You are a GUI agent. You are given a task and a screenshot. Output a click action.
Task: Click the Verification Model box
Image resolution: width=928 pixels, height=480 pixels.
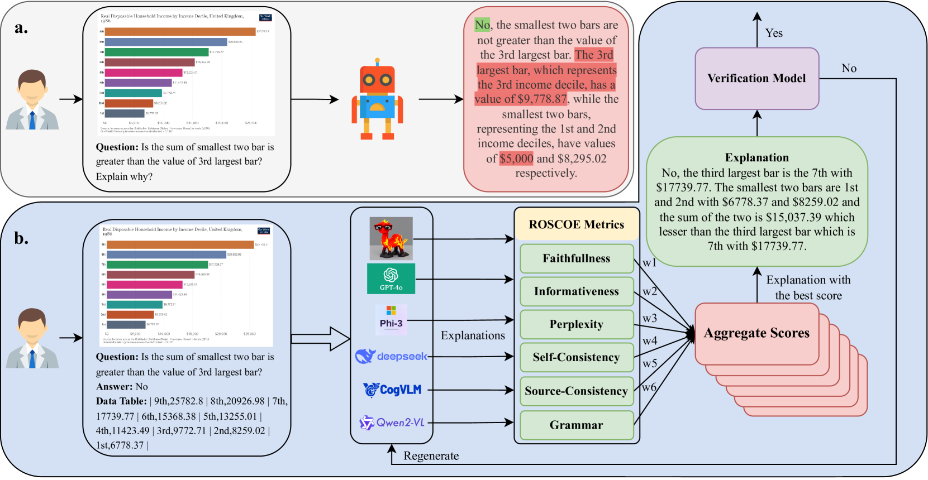pos(756,78)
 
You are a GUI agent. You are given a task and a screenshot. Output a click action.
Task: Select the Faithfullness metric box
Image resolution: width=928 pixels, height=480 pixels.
pos(576,258)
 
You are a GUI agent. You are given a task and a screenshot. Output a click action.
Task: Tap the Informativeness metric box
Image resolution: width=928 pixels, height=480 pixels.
pos(576,291)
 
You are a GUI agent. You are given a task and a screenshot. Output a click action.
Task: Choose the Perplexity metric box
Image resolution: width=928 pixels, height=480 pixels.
pos(576,324)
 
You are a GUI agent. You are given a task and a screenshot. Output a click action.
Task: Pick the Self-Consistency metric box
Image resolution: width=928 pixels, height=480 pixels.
pos(576,357)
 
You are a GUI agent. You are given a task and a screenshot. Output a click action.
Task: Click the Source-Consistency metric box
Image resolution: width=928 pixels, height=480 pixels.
pos(576,391)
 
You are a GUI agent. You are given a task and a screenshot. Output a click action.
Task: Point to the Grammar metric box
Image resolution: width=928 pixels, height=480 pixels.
pos(576,425)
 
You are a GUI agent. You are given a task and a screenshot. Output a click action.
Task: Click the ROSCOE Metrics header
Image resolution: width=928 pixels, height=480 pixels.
pos(576,224)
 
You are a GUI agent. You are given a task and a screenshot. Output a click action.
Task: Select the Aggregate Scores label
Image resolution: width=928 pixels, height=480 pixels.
pos(756,333)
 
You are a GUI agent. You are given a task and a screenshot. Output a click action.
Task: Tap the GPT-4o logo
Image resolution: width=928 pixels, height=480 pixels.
pos(391,279)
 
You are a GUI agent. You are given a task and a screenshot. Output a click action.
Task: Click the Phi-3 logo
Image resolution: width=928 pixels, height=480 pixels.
pos(391,320)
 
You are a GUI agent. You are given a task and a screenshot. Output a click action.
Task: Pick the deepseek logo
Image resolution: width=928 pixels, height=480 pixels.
pos(391,356)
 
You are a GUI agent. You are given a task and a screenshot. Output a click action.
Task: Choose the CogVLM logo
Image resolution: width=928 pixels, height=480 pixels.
pos(392,390)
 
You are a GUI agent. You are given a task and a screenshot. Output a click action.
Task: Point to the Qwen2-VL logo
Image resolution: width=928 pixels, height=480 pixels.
pos(392,423)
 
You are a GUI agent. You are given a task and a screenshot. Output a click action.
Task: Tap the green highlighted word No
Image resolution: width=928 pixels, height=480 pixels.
pos(482,25)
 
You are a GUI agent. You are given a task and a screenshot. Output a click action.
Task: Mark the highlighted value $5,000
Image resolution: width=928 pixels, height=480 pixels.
pos(516,159)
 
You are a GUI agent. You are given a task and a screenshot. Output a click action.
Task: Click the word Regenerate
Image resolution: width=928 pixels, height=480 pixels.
pos(431,456)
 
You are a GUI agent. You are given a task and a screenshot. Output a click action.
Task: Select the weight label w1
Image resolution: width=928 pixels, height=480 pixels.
pos(649,262)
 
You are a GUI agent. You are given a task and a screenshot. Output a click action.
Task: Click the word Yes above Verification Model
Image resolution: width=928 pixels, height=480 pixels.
pos(774,33)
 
